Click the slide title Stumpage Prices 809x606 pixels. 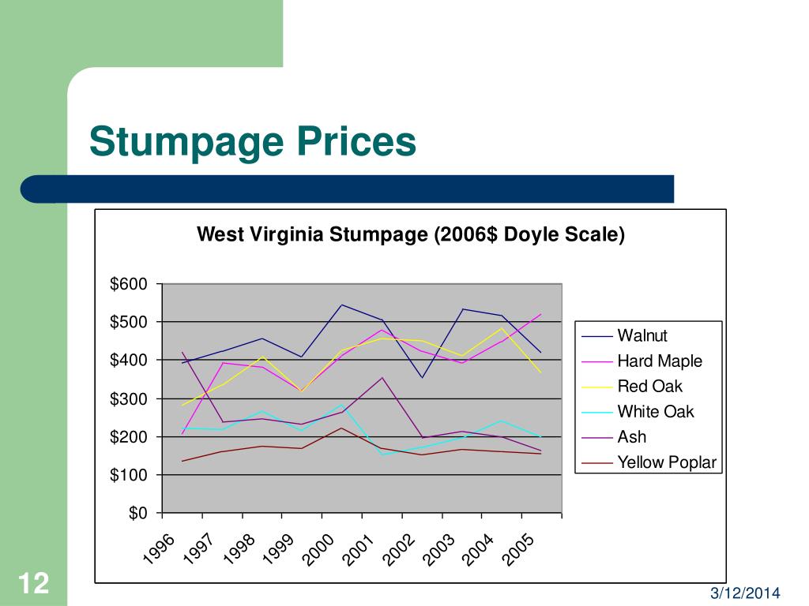(252, 143)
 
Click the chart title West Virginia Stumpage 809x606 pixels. (410, 234)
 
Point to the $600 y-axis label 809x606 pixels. (129, 284)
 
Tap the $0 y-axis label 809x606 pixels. (137, 514)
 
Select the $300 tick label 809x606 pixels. (129, 399)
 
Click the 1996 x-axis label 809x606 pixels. (159, 549)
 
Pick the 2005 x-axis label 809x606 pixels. (521, 549)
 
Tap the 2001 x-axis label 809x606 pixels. (359, 549)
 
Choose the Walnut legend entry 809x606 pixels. (642, 336)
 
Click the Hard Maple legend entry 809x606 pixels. (659, 361)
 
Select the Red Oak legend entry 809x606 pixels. (649, 387)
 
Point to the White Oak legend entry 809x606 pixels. (655, 412)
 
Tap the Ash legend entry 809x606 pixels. (631, 437)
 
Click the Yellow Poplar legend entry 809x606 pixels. (667, 462)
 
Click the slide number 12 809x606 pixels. (33, 585)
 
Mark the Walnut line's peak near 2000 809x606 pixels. (342, 305)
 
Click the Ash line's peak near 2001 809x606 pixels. (382, 377)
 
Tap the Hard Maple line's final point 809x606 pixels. (541, 314)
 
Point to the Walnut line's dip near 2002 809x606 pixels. (423, 377)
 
